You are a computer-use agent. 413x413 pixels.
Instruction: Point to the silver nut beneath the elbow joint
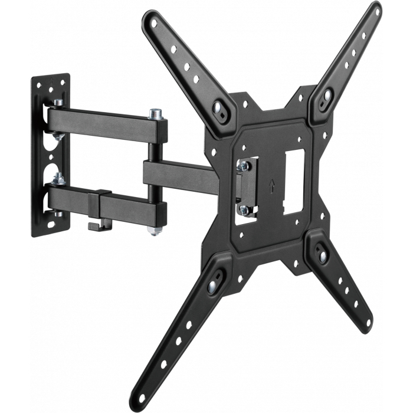point(155,230)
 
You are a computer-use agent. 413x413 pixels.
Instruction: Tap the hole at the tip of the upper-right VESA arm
point(373,11)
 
